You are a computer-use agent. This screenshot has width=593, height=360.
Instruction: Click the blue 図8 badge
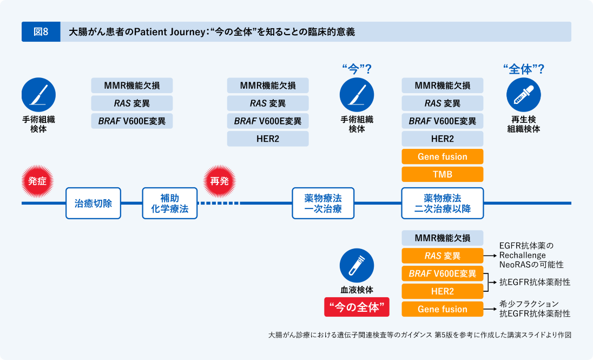(41, 32)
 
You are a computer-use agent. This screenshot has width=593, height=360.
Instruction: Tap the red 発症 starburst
(37, 181)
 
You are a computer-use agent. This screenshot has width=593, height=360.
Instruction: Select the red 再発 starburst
(219, 181)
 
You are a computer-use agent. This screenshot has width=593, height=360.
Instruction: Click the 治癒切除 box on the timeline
(93, 204)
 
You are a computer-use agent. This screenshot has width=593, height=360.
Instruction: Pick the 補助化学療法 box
(170, 204)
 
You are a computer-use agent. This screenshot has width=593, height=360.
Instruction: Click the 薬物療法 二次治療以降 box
(442, 204)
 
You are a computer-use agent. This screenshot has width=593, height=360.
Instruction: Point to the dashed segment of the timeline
(219, 204)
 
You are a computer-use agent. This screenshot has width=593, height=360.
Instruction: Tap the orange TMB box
(442, 174)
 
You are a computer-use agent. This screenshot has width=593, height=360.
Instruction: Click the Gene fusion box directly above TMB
(442, 156)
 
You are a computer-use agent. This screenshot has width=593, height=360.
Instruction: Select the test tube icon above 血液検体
(357, 265)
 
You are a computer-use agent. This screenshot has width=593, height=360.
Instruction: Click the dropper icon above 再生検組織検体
(523, 95)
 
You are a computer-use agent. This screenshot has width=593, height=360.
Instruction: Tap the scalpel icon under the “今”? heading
(357, 95)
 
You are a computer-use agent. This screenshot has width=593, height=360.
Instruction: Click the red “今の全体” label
(357, 307)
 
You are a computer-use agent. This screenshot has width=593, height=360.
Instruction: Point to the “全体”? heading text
(523, 69)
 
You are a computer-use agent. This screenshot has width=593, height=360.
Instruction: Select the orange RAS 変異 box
(442, 256)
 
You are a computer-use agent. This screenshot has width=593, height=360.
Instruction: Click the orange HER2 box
(442, 291)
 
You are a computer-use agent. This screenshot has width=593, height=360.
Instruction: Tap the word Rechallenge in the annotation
(522, 255)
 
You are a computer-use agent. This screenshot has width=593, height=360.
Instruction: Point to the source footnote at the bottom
(419, 335)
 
